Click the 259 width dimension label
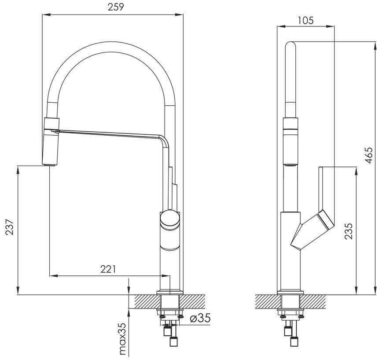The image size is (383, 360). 116,7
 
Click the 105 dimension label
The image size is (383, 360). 306,20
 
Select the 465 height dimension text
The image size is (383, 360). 368,155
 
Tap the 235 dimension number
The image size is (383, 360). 349,231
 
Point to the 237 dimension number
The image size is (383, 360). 10,227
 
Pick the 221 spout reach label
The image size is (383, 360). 108,269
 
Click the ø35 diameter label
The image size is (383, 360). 200,318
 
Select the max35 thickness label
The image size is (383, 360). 122,339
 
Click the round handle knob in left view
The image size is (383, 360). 170,219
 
